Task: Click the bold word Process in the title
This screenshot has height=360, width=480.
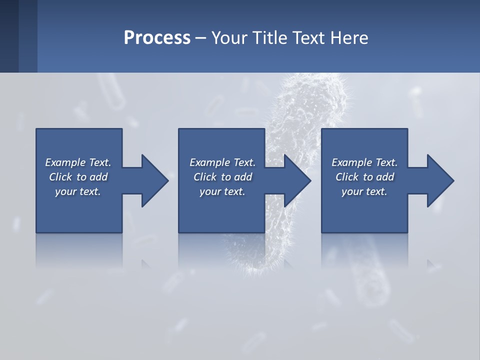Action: click(x=157, y=38)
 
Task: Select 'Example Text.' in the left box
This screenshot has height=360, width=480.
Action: click(x=78, y=162)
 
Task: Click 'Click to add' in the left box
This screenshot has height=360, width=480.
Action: click(x=78, y=177)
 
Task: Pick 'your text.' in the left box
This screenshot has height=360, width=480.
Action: click(x=78, y=191)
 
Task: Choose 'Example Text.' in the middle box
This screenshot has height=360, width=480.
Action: click(x=222, y=162)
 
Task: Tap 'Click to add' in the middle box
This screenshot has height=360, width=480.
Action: click(x=222, y=177)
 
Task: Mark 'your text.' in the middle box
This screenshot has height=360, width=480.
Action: click(x=222, y=191)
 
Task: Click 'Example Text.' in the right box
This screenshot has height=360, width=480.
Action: click(x=364, y=162)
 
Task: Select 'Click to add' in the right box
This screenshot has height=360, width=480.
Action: click(x=364, y=177)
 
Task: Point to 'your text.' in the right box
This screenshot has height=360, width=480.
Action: click(x=364, y=191)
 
